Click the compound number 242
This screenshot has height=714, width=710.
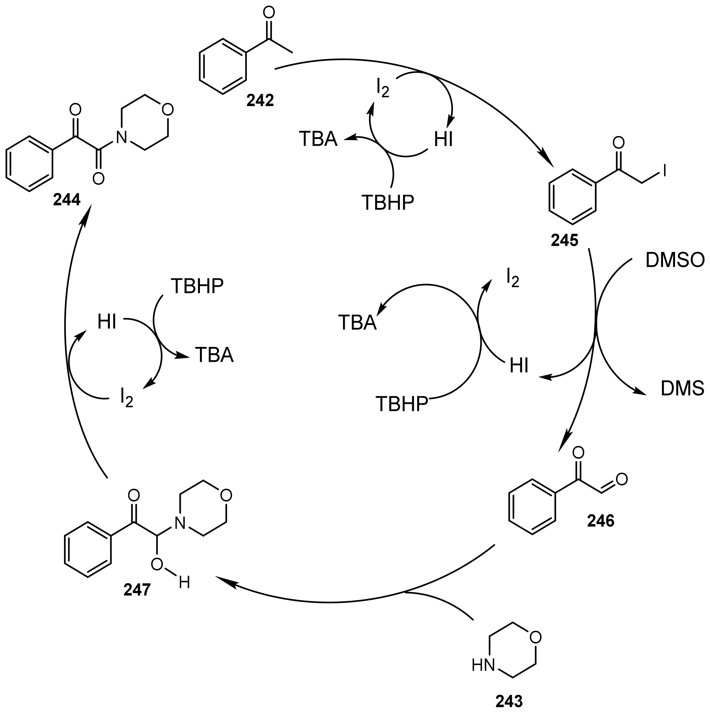(260, 100)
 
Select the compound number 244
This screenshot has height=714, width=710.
(67, 200)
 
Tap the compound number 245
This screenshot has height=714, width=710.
(564, 240)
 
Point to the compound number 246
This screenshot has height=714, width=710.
(601, 521)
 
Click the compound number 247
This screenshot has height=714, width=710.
(137, 590)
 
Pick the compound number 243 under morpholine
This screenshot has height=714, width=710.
(509, 701)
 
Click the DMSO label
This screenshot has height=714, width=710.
(675, 260)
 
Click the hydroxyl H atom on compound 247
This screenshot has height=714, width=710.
(184, 583)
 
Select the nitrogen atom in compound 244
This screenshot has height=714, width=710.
(121, 138)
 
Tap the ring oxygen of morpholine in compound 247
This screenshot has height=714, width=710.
(226, 495)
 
